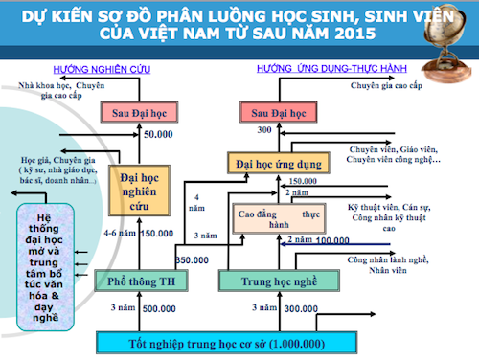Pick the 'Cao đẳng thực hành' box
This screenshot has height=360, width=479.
[x=278, y=221]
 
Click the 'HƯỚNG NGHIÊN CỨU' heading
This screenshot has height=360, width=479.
[x=119, y=70]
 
